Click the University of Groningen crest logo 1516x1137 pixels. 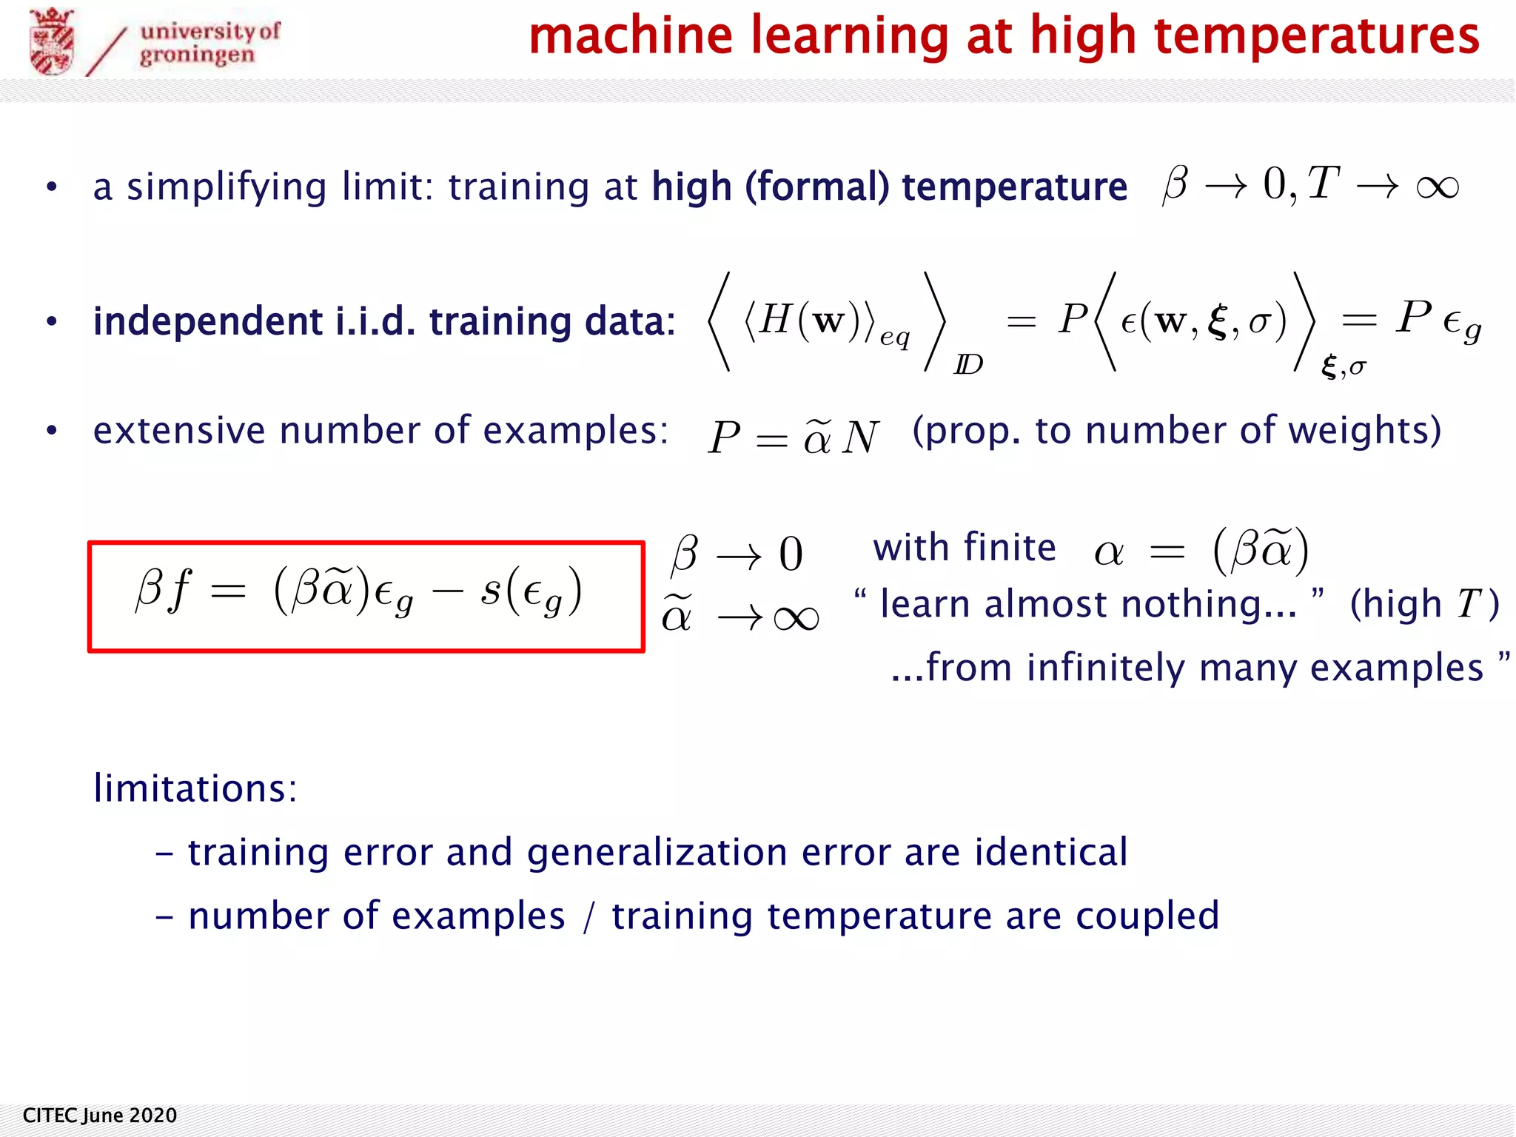(52, 41)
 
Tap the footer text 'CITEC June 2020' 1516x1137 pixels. (100, 1116)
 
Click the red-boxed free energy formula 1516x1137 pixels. (366, 596)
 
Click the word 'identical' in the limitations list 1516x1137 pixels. (1051, 852)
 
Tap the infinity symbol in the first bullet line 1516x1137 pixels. (1437, 187)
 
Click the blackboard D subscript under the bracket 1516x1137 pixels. (968, 364)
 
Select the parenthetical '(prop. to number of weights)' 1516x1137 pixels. (1177, 431)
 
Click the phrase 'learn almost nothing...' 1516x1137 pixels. (1088, 604)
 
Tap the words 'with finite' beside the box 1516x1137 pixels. (964, 548)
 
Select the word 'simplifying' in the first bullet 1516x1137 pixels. (227, 187)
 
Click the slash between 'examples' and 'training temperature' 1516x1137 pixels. (588, 917)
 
